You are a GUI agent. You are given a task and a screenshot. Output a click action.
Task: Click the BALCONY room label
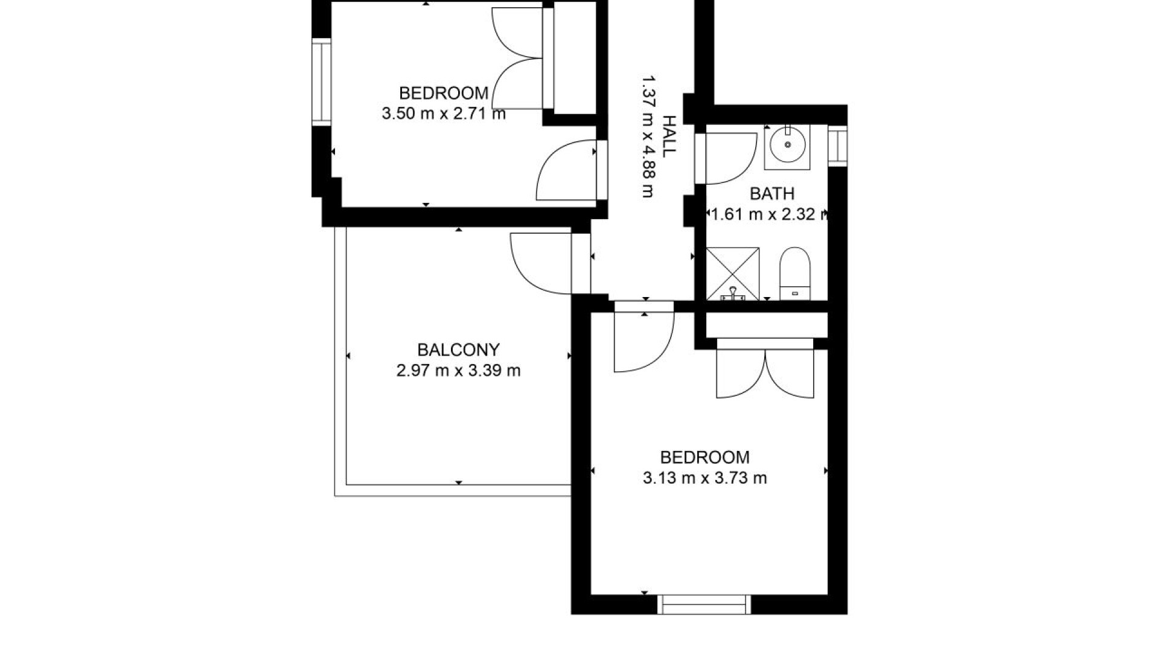click(x=458, y=350)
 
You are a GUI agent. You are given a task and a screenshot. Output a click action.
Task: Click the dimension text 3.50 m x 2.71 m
click(x=443, y=113)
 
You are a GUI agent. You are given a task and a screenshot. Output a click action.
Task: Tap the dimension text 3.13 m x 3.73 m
click(x=704, y=479)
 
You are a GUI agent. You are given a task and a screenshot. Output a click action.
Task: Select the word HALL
click(x=668, y=136)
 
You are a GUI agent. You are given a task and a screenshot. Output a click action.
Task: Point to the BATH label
click(x=771, y=194)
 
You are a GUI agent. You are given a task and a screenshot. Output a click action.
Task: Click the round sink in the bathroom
click(x=787, y=145)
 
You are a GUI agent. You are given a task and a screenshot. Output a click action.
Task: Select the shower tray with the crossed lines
click(x=732, y=273)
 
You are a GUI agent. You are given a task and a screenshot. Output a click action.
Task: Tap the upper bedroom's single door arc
click(x=564, y=171)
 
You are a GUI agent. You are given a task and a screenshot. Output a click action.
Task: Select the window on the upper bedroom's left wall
click(x=322, y=81)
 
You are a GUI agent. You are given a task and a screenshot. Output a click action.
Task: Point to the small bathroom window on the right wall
click(x=837, y=145)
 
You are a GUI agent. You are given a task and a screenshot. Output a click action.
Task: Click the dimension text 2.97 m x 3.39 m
click(x=458, y=371)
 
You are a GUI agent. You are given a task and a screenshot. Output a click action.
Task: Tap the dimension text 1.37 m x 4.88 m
click(x=648, y=136)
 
